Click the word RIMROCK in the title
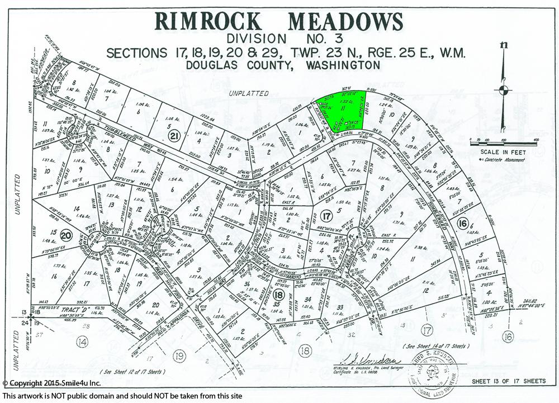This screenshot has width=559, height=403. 207,21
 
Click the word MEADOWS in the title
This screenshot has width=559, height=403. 345,21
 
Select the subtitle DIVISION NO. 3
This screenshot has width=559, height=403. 279,40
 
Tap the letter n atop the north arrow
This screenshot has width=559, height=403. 504,46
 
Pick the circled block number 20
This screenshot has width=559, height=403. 67,235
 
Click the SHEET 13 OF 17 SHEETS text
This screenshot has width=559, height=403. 508,381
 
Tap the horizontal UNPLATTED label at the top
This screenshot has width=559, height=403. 249,93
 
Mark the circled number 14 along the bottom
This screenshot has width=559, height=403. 82,341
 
